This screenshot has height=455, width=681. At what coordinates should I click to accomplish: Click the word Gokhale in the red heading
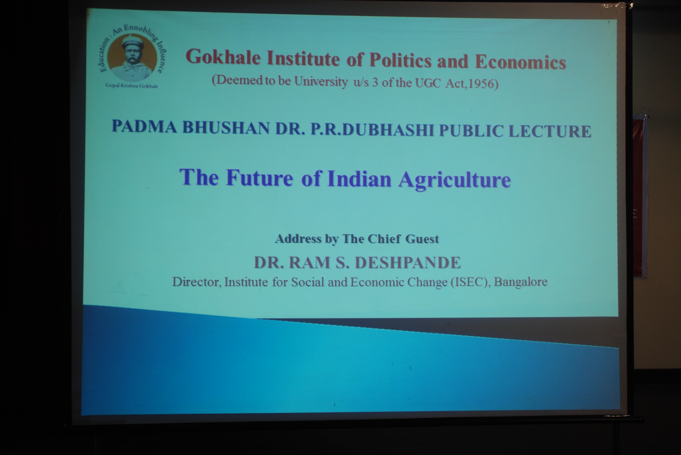point(223,57)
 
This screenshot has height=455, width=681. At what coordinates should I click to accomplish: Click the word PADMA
point(144,127)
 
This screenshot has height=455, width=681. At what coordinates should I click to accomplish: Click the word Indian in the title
point(359,178)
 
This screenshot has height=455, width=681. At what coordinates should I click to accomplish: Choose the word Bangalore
point(521,282)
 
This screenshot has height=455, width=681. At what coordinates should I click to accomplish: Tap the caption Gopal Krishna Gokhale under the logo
point(132,86)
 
